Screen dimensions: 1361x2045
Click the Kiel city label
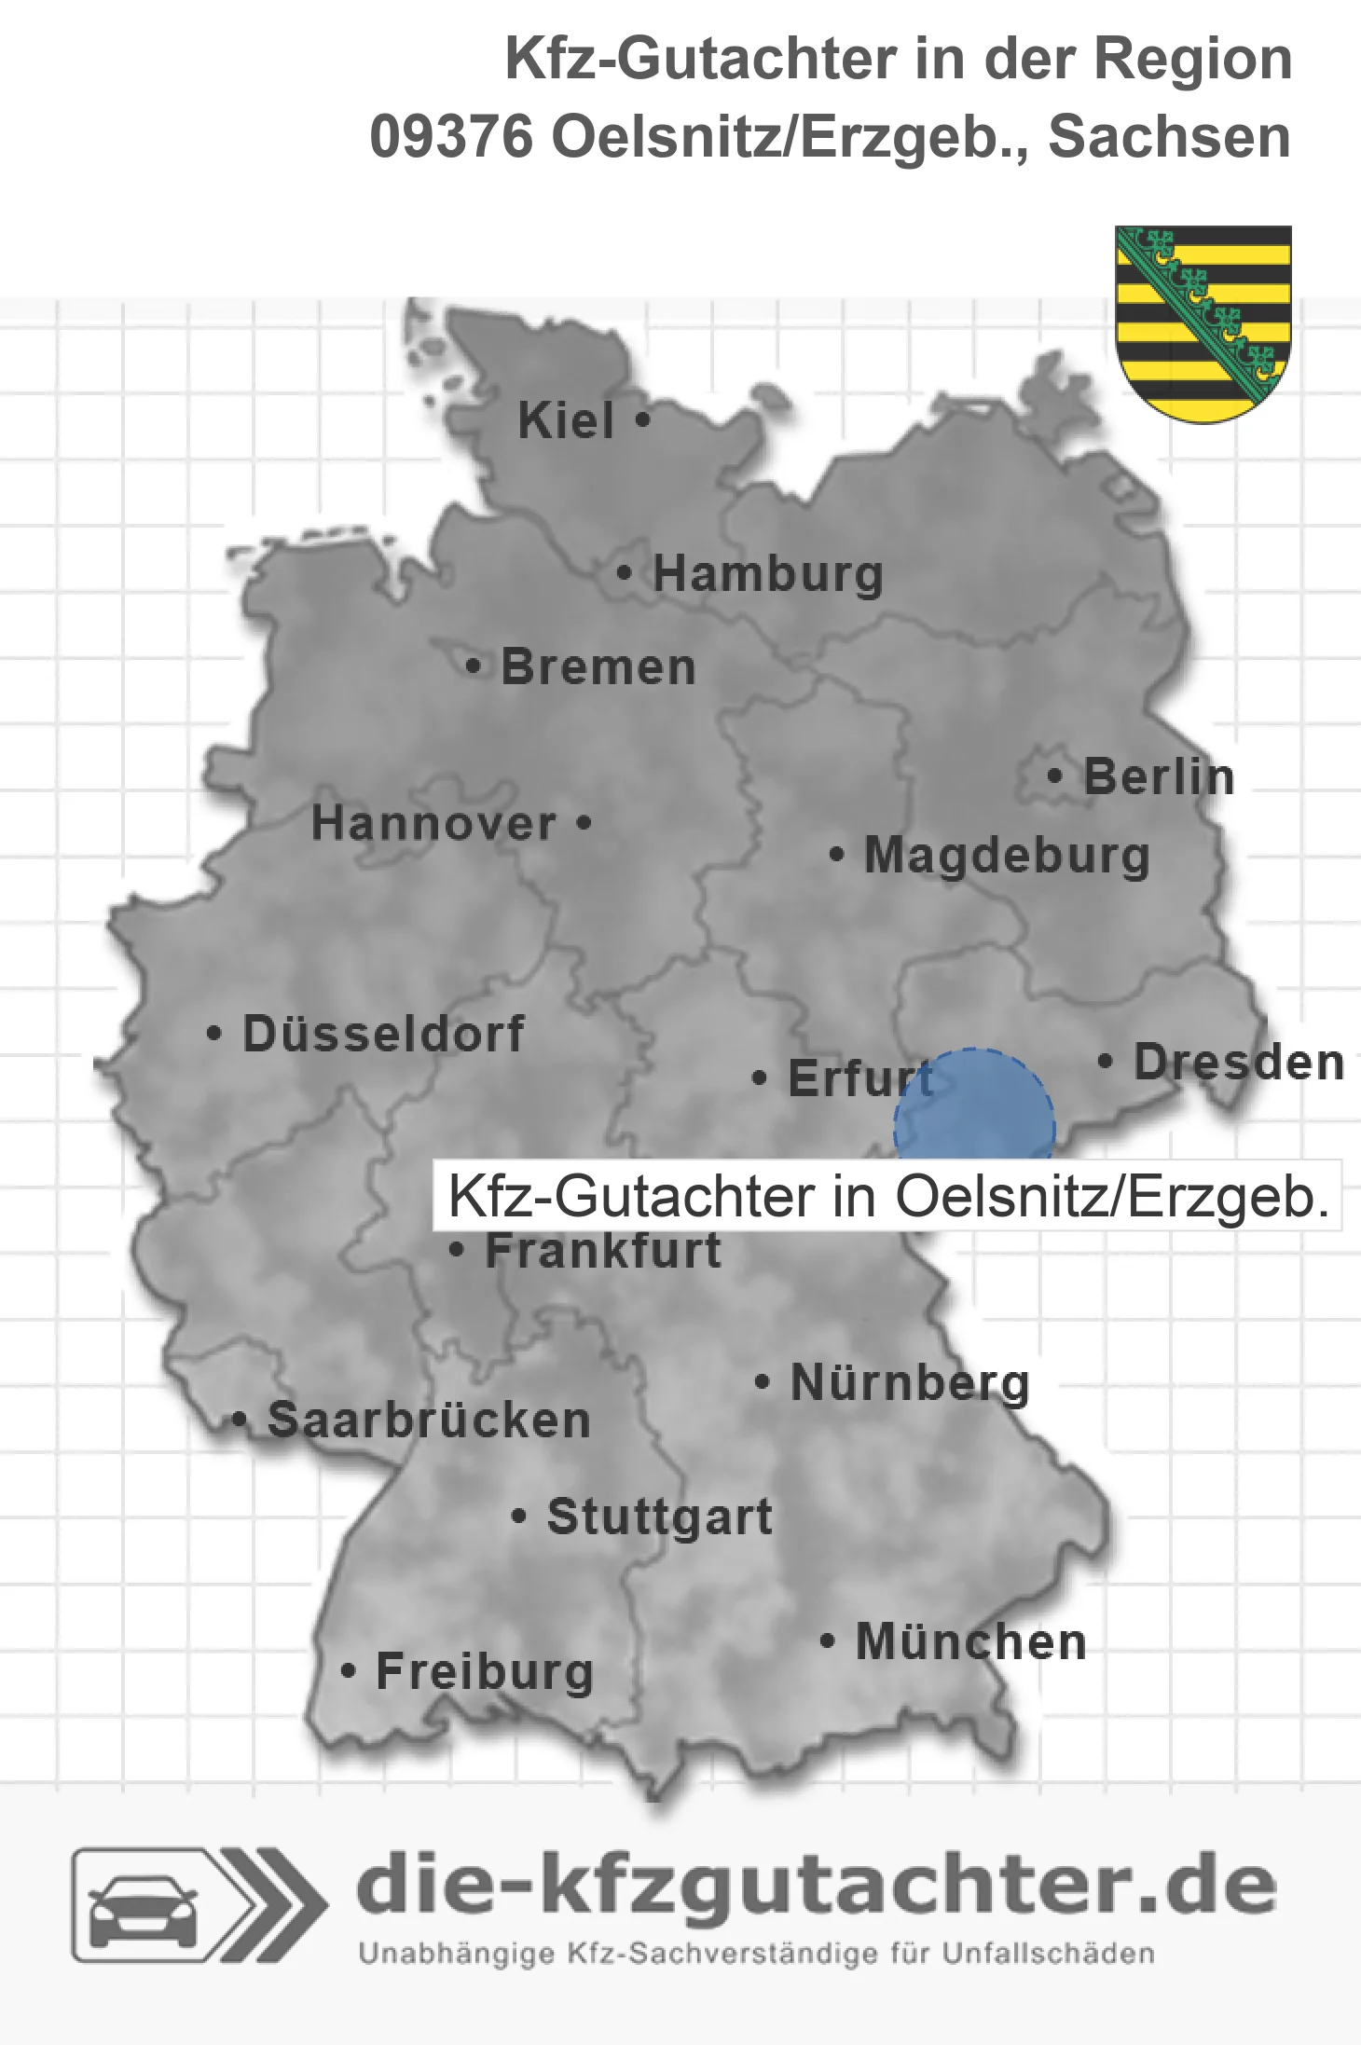click(566, 420)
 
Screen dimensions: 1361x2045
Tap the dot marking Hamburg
click(625, 573)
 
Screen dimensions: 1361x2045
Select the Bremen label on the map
click(598, 667)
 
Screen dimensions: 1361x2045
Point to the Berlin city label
click(1159, 776)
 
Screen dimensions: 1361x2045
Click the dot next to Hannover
click(584, 823)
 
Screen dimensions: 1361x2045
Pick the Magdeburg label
click(1007, 855)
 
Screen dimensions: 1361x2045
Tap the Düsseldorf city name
click(383, 1034)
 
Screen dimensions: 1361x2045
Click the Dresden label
click(1239, 1062)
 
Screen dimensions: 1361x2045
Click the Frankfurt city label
click(603, 1250)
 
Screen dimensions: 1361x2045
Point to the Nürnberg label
click(910, 1382)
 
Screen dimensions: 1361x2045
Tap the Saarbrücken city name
click(429, 1421)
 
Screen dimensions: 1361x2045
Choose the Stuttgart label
click(660, 1517)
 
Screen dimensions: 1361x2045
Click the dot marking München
click(827, 1640)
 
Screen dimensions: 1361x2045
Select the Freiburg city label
click(485, 1671)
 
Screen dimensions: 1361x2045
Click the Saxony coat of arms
click(1203, 323)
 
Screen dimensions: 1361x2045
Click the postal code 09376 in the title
click(451, 137)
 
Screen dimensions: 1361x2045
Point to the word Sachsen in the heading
click(1170, 137)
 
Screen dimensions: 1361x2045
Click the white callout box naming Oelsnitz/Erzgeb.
click(887, 1196)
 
